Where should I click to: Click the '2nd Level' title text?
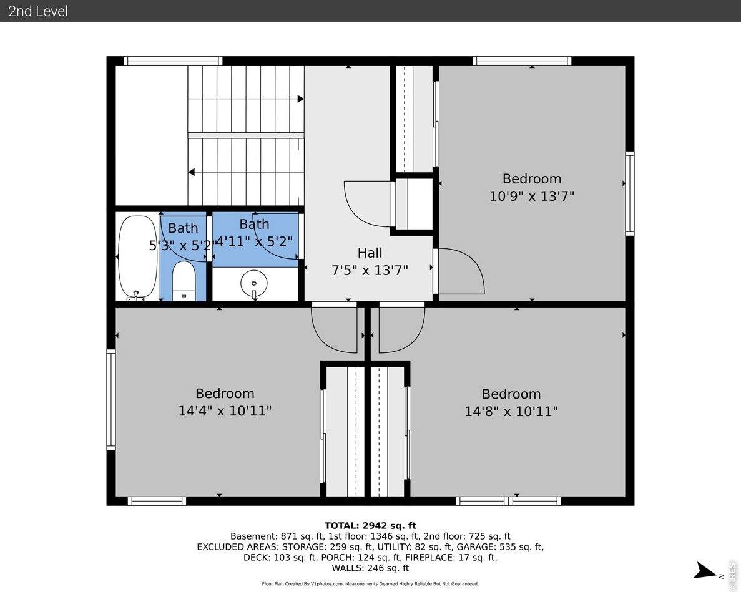pyautogui.click(x=38, y=11)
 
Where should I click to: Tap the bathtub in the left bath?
pyautogui.click(x=137, y=256)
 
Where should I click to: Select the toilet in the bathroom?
pyautogui.click(x=184, y=281)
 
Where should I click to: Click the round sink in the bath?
pyautogui.click(x=254, y=283)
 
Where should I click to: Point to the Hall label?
pyautogui.click(x=370, y=253)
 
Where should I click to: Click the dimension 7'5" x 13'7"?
pyautogui.click(x=370, y=270)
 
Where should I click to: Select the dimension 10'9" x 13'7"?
pyautogui.click(x=531, y=196)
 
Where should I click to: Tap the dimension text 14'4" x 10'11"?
pyautogui.click(x=225, y=411)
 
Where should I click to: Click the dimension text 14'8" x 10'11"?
pyautogui.click(x=511, y=412)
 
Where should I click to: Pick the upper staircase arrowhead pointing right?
pyautogui.click(x=300, y=99)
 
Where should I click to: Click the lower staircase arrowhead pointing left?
pyautogui.click(x=192, y=172)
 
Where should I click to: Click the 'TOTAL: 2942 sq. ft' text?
pyautogui.click(x=370, y=526)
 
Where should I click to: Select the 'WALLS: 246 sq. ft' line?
pyautogui.click(x=370, y=568)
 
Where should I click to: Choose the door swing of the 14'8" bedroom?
pyautogui.click(x=401, y=328)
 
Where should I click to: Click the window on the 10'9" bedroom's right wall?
pyautogui.click(x=630, y=193)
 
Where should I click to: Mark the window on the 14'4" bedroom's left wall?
pyautogui.click(x=111, y=399)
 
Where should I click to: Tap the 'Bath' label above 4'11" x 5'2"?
pyautogui.click(x=254, y=224)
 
